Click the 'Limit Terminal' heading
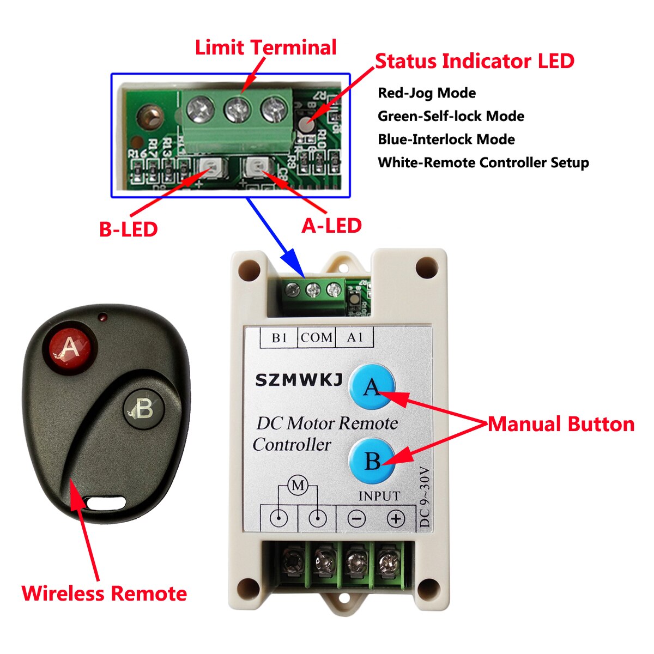265,47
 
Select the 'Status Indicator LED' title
474,61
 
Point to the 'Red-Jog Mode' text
427,93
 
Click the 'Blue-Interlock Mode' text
446,140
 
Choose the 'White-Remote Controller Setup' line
483,163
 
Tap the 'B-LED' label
128,229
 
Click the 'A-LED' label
331,226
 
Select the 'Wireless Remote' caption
104,594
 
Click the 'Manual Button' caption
561,424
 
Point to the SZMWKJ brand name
299,380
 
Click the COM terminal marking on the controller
317,338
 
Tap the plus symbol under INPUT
396,519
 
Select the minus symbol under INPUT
356,519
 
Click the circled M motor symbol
298,486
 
